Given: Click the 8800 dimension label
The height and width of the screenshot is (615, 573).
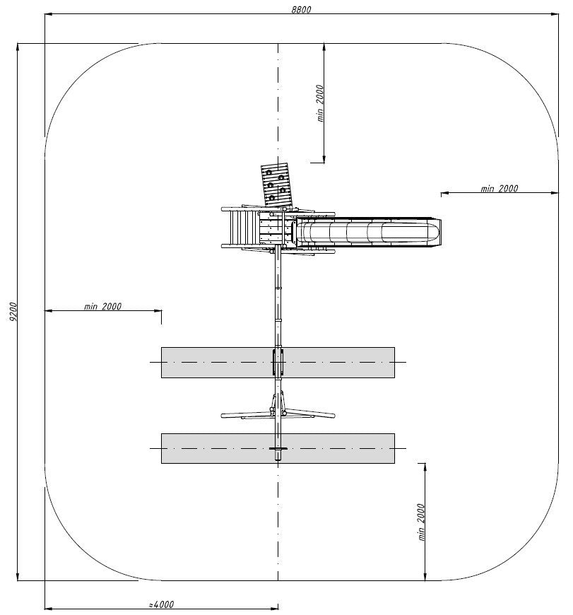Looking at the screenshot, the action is click(x=301, y=9).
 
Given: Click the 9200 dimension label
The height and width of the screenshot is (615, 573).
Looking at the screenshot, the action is click(x=13, y=312).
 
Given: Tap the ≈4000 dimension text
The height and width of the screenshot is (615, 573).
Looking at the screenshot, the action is click(x=162, y=604).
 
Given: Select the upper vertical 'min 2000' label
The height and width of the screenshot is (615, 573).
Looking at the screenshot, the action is click(x=320, y=103).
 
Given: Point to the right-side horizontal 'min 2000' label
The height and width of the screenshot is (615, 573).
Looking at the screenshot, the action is click(x=500, y=189).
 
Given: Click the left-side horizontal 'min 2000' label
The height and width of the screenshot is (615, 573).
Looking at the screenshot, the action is click(x=102, y=306).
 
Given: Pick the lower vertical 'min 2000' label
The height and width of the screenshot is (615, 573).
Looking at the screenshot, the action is click(x=421, y=522).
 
